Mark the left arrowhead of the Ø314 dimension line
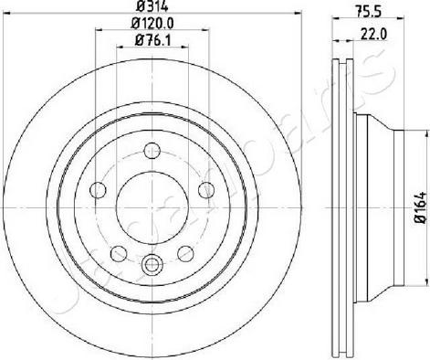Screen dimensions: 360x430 point(20,17)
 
